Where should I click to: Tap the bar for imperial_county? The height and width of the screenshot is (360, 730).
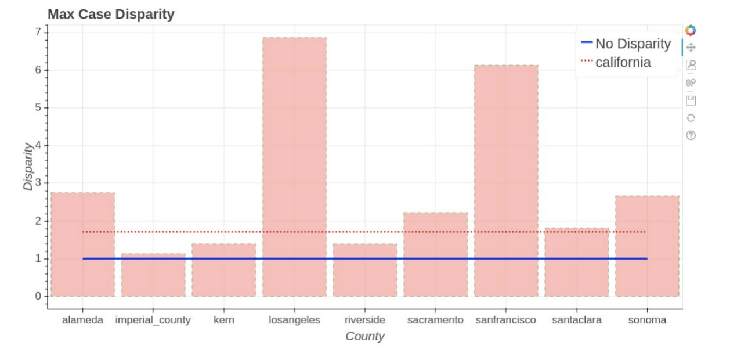click(x=153, y=275)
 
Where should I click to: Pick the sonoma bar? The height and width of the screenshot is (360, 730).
click(x=647, y=246)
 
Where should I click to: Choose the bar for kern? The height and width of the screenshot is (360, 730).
click(x=224, y=270)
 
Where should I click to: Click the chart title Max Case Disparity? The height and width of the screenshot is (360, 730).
click(x=111, y=15)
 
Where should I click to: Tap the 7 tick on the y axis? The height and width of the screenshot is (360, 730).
click(x=38, y=32)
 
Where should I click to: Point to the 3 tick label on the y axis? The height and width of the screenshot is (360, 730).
click(x=38, y=183)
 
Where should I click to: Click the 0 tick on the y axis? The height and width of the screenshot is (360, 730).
click(x=38, y=296)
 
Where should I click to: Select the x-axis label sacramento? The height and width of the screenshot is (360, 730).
click(x=435, y=320)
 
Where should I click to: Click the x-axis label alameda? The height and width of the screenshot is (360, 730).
click(x=82, y=320)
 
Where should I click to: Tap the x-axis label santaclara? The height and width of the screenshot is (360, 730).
click(x=576, y=320)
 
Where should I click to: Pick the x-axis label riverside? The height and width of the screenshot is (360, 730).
click(x=364, y=320)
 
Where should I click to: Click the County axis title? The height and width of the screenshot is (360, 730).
click(x=365, y=336)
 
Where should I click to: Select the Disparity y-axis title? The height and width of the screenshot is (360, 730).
click(x=28, y=167)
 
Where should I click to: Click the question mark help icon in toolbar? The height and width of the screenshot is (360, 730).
click(x=691, y=135)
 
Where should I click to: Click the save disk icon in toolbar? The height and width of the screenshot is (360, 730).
click(x=691, y=100)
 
